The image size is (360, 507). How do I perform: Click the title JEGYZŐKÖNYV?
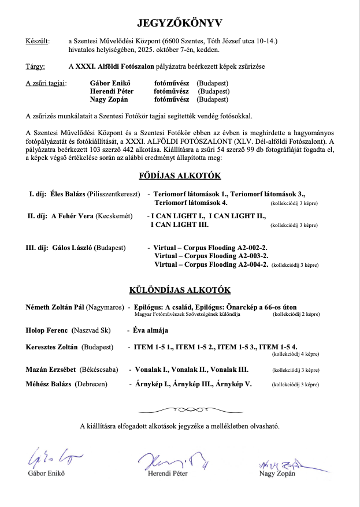pos(180,23)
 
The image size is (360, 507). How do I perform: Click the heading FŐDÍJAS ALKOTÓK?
pos(180,176)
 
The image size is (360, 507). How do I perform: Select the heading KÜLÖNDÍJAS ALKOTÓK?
pos(180,290)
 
